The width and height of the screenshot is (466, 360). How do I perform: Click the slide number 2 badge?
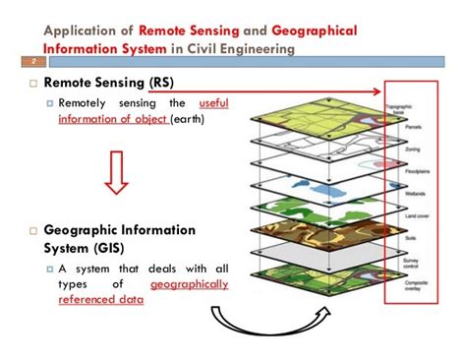click(x=13, y=60)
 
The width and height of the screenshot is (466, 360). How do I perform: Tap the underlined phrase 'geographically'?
click(x=190, y=284)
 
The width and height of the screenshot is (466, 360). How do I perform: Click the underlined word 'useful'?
click(x=214, y=102)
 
